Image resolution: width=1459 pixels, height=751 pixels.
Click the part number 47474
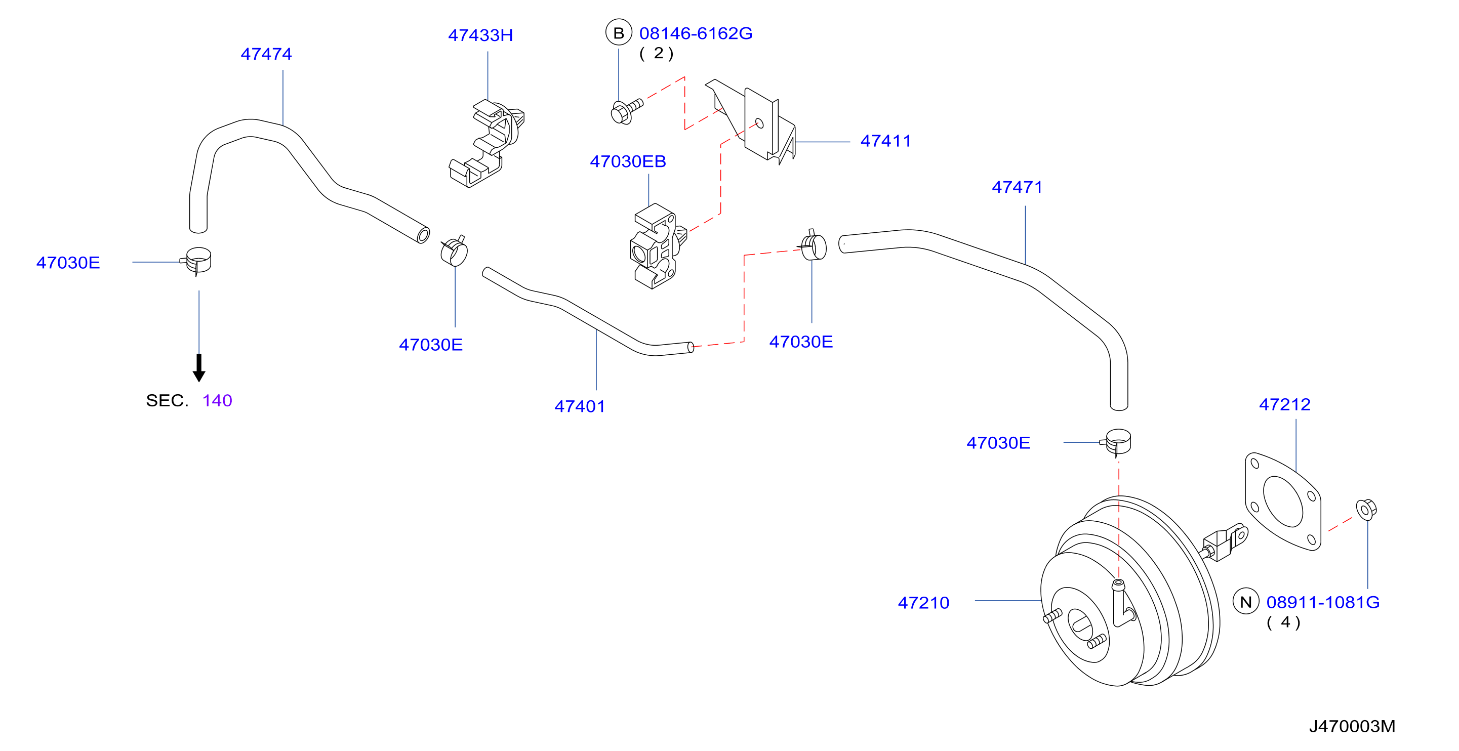[266, 54]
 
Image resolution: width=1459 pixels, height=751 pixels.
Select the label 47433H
[480, 35]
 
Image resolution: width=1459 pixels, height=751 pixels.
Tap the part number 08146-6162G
[696, 33]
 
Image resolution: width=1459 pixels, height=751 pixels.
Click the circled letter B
[619, 33]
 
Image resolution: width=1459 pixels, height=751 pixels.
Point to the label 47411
[886, 141]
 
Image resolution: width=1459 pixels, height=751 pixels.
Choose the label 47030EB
[628, 161]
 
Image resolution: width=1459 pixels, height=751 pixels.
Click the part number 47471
[1017, 187]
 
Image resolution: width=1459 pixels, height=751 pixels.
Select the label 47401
[580, 406]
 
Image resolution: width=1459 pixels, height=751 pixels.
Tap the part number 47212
[1284, 404]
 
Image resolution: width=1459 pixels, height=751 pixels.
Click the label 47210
[923, 603]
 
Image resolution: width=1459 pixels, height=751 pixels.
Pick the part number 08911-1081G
[1323, 602]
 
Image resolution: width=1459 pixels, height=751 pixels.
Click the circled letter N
[1246, 602]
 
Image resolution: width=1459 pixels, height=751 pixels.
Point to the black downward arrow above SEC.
[199, 367]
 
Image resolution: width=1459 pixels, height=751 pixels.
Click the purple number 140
[217, 400]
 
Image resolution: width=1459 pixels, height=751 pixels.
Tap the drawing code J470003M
[1352, 726]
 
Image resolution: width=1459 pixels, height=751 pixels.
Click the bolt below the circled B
[626, 111]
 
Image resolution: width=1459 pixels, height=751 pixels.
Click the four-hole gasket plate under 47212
[1283, 501]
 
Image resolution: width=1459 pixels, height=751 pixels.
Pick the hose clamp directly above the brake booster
[1116, 442]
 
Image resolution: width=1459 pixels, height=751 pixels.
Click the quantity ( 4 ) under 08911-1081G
[1283, 622]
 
